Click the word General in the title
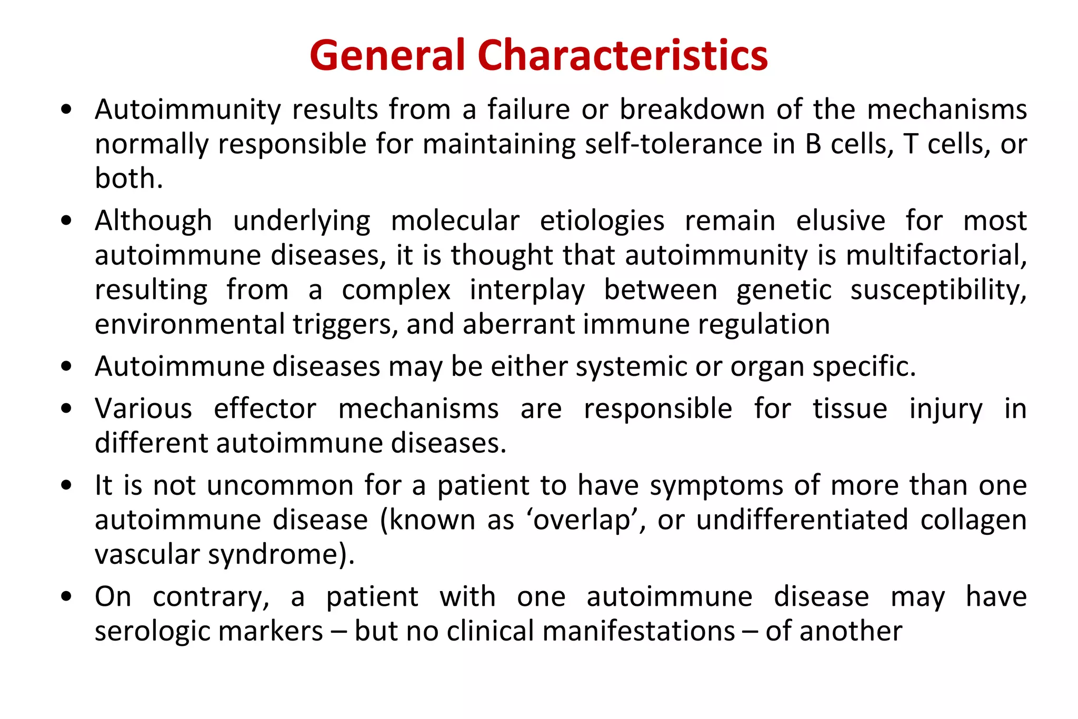point(387,55)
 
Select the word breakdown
point(692,109)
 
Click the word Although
point(153,221)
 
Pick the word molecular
point(455,221)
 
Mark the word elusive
point(841,221)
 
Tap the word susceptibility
point(938,290)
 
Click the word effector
point(265,409)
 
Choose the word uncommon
point(280,485)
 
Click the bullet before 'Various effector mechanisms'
point(66,409)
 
